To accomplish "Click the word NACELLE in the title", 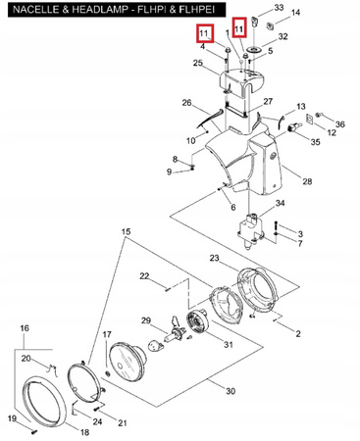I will click(26, 9).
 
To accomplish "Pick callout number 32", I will click(283, 36).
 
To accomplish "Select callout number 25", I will click(198, 64).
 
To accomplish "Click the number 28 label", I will click(307, 182).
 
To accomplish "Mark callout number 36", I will click(341, 124).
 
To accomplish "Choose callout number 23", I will click(216, 258).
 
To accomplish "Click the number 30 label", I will click(231, 391).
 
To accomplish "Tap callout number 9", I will click(168, 172).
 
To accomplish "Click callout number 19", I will click(13, 418).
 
